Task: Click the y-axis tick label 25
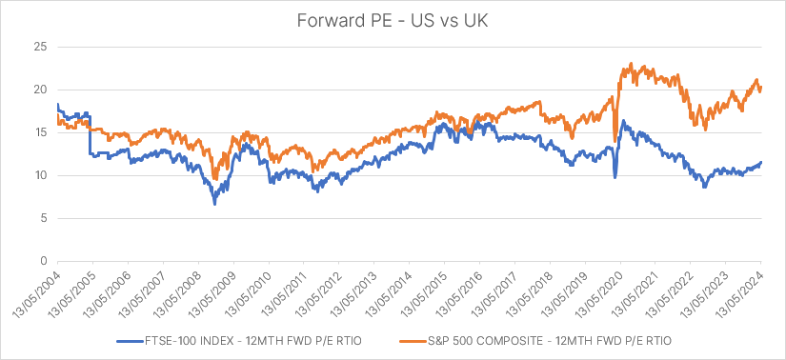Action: coord(41,47)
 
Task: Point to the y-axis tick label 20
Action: coord(41,90)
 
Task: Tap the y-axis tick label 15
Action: coord(41,132)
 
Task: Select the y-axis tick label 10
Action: coord(41,175)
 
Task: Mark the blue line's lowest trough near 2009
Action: coord(214,204)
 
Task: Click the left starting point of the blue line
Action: coord(57,105)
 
